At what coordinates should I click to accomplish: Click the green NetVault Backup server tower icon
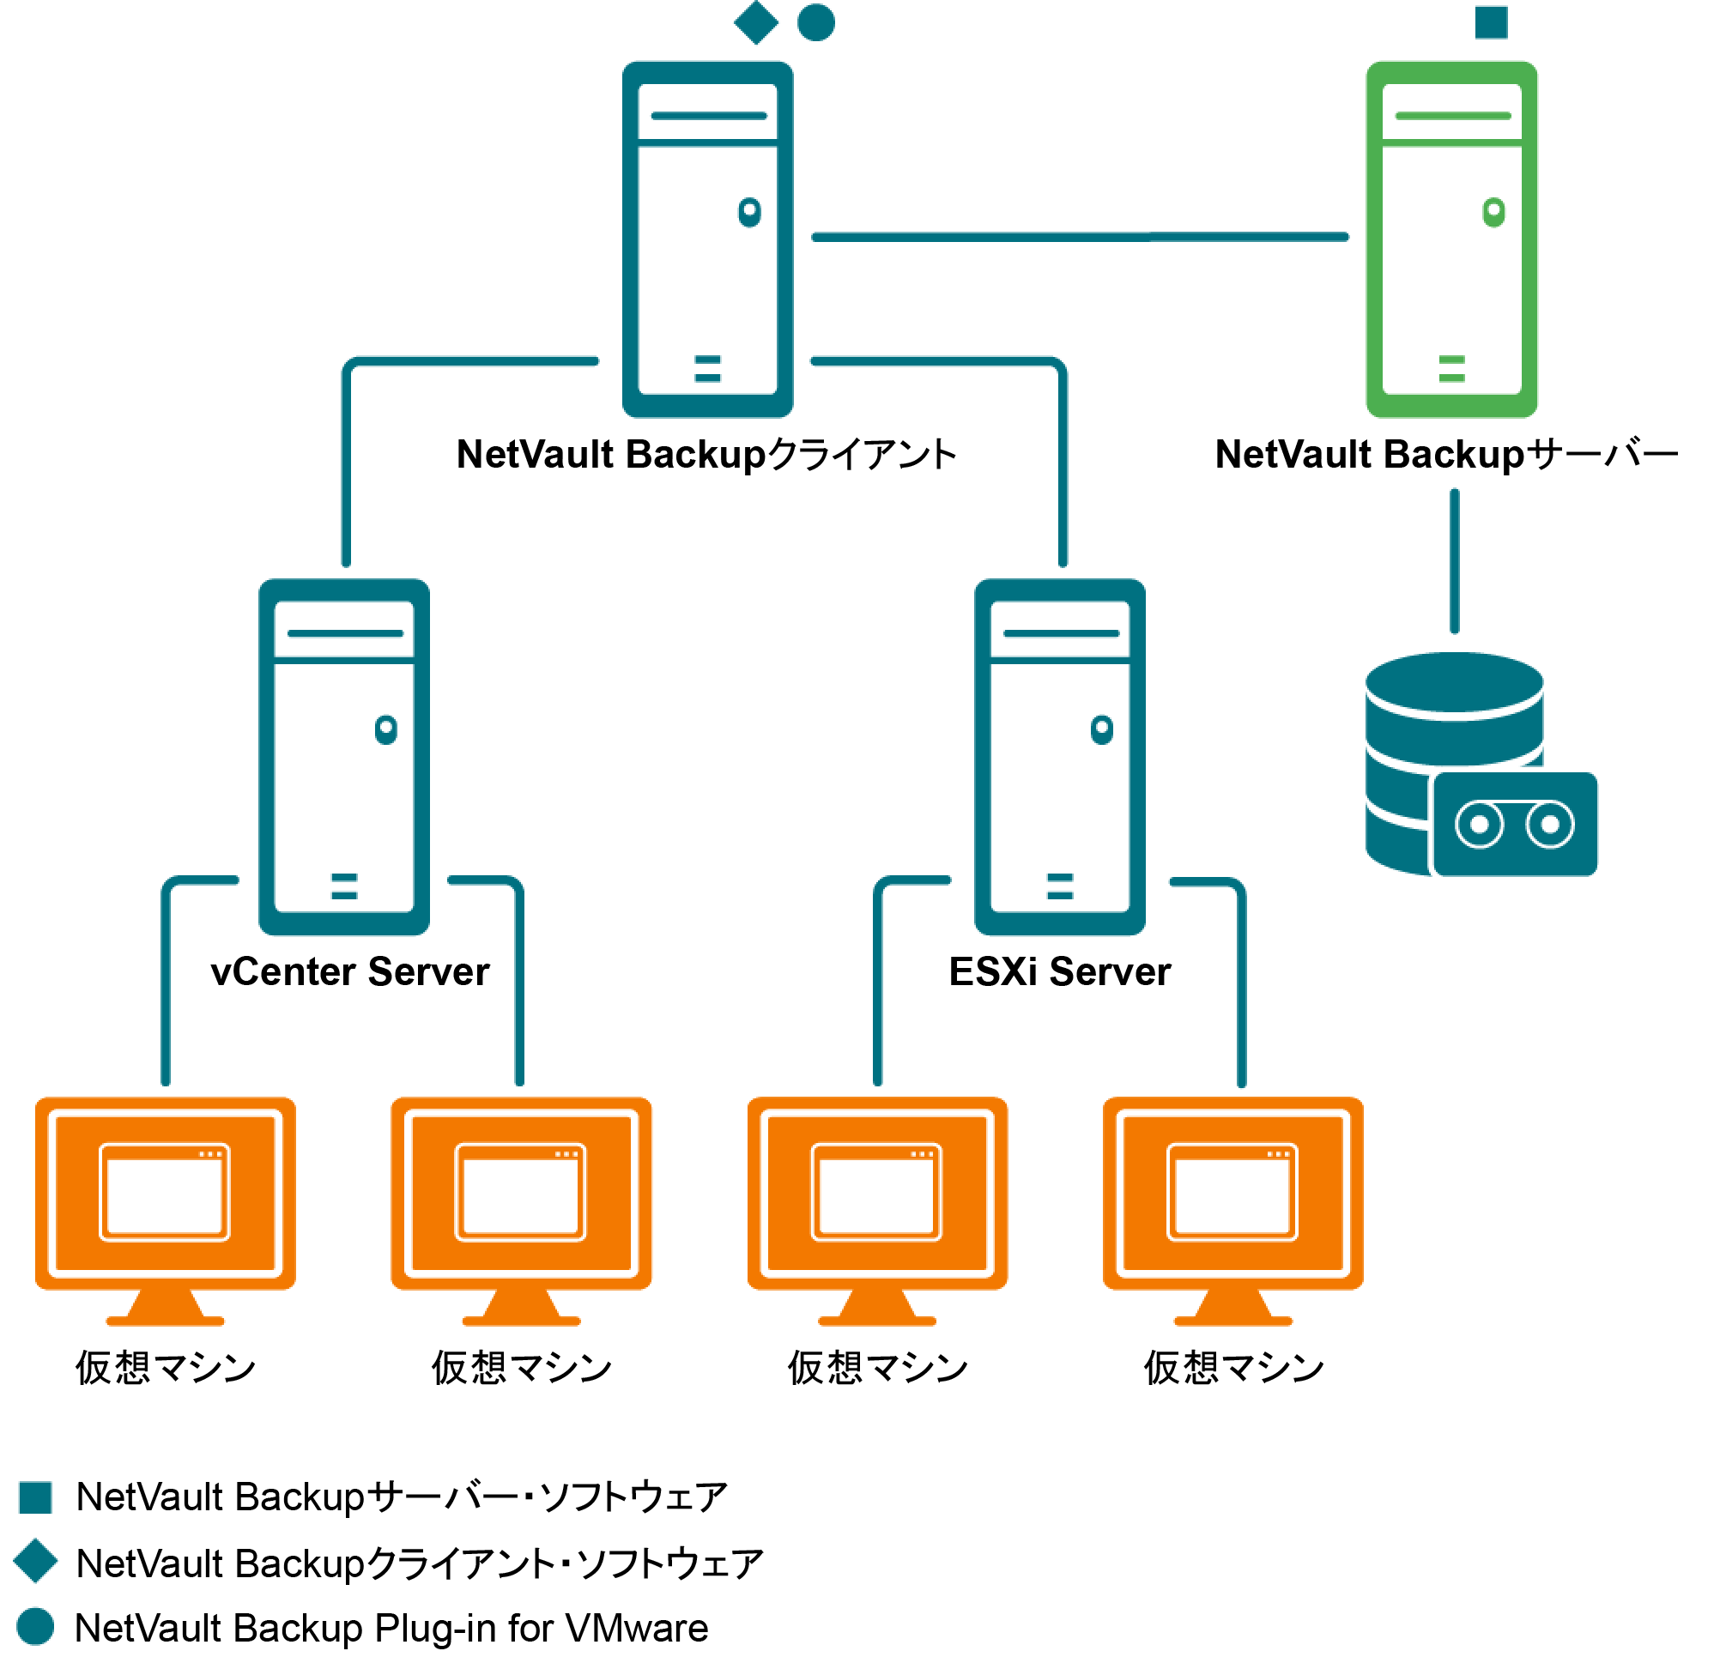point(1451,239)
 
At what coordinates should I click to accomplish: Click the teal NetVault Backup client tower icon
point(707,239)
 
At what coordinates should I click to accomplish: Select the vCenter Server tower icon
point(344,756)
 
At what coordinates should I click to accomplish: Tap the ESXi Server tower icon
point(1060,756)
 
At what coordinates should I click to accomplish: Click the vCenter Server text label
point(350,972)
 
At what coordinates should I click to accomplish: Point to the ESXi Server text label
point(1060,972)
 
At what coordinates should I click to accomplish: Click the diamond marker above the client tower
point(756,22)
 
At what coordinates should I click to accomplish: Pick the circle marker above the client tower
point(816,22)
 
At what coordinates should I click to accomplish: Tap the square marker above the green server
point(1491,22)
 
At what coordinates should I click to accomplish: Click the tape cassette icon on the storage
point(1515,825)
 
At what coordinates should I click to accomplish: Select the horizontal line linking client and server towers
point(1080,237)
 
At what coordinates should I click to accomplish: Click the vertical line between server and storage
point(1455,561)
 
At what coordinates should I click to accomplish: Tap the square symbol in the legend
point(36,1497)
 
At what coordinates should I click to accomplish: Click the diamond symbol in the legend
point(36,1561)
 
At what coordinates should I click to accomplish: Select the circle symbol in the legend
point(36,1626)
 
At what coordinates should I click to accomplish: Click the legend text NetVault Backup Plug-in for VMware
point(391,1628)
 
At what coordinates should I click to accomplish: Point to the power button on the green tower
point(1493,211)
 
